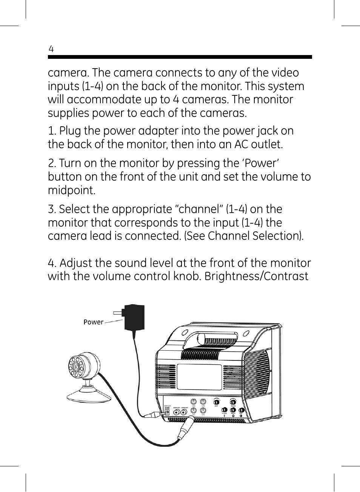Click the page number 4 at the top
pos(51,49)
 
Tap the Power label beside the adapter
pos(93,322)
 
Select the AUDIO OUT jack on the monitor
pos(176,412)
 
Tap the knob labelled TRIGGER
pos(233,402)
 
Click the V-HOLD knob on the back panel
pos(225,410)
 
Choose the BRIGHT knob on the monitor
pos(233,410)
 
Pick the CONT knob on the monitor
pos(241,410)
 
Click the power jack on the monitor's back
pos(167,412)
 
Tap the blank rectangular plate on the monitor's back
pos(199,377)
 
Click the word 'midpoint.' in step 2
pos(72,190)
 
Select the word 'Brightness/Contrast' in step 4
pos(256,276)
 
